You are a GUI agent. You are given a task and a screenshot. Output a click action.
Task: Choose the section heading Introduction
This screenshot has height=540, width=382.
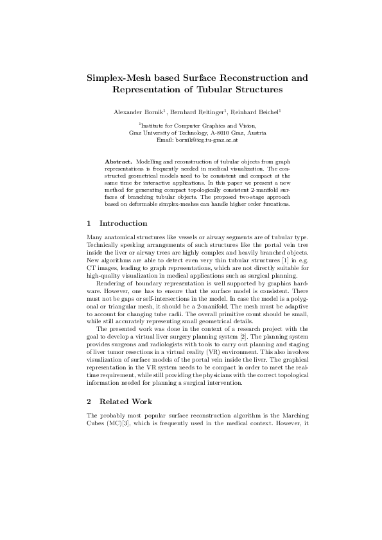[x=123, y=224]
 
